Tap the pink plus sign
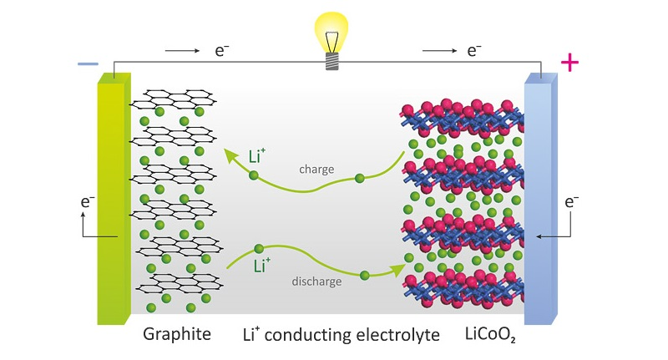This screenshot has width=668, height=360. (569, 63)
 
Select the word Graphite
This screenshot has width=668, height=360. (176, 335)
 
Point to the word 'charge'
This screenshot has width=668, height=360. (316, 169)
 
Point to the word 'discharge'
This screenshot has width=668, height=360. (316, 281)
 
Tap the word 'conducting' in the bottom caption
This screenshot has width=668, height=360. (309, 335)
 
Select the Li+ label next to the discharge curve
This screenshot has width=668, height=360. (262, 266)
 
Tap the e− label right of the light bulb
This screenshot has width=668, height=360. (474, 51)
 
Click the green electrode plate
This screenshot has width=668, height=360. (113, 200)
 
